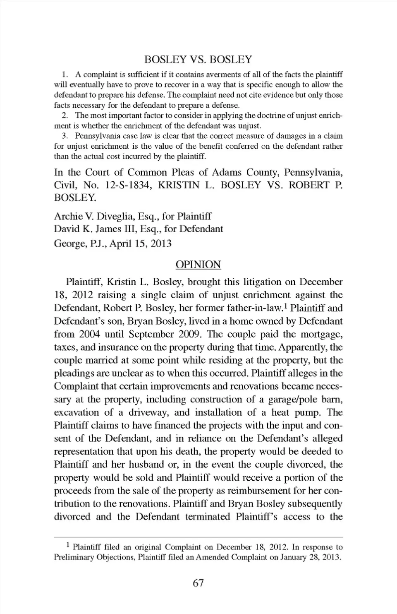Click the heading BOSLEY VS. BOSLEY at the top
tap(198, 60)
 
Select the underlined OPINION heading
tap(198, 265)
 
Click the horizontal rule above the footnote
tap(198, 537)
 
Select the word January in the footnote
tap(293, 557)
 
